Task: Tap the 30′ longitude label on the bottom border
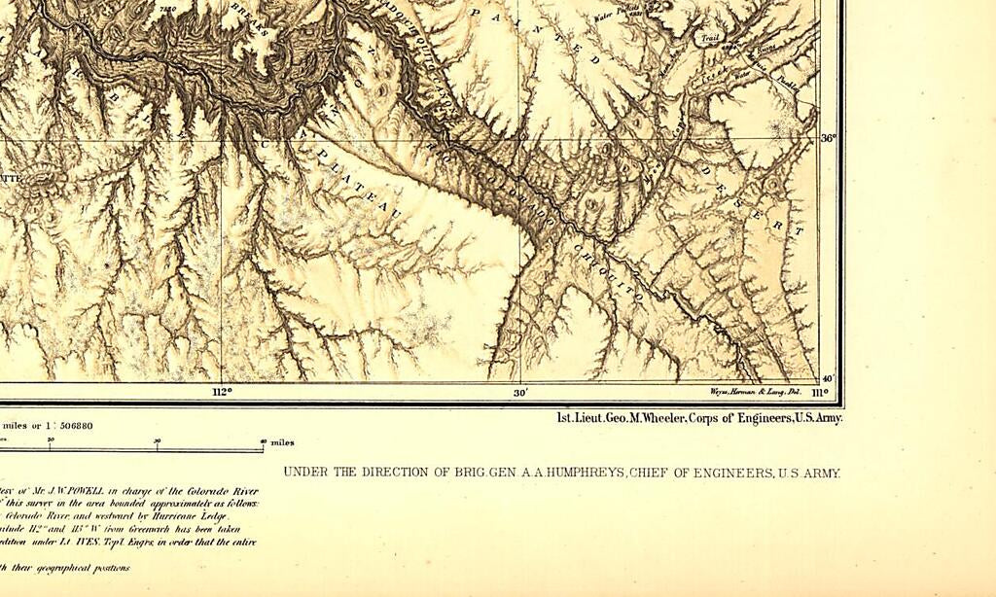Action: point(520,392)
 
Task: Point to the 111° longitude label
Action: point(819,393)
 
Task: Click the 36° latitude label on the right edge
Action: point(828,139)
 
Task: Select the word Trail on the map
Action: point(709,40)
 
